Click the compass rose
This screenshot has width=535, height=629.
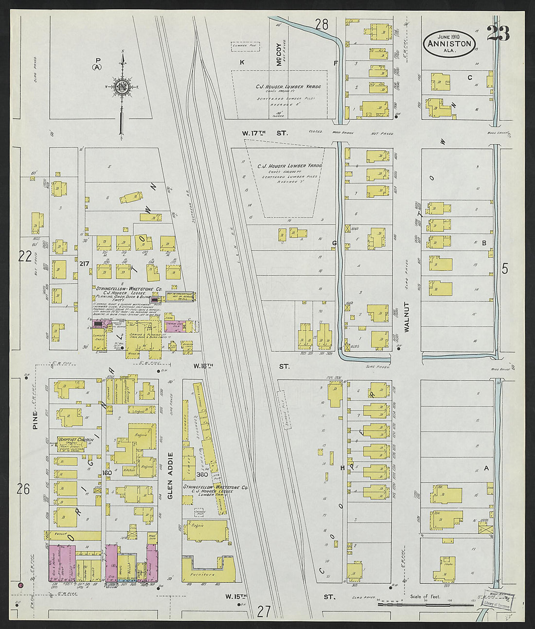pos(121,87)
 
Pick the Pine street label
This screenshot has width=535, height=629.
pos(35,420)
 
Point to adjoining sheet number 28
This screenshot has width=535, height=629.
pos(321,24)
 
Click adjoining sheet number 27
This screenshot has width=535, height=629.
pos(264,611)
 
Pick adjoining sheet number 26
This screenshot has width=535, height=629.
pos(23,489)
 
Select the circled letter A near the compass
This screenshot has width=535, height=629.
pos(98,68)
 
